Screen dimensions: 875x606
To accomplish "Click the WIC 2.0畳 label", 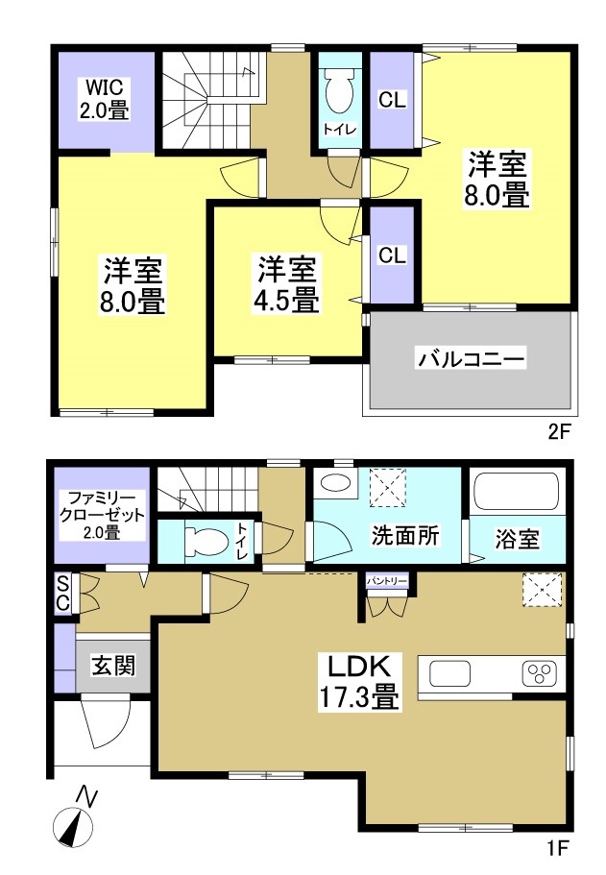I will pyautogui.click(x=105, y=96).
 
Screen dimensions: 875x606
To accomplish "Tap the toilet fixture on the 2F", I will pyautogui.click(x=340, y=92).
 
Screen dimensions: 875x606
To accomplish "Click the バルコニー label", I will pyautogui.click(x=470, y=360).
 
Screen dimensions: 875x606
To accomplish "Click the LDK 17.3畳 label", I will pyautogui.click(x=359, y=681).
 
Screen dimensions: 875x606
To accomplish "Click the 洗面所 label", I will pyautogui.click(x=405, y=537).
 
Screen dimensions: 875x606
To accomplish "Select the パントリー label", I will pyautogui.click(x=387, y=581).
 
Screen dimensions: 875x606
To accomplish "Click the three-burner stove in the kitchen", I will pyautogui.click(x=538, y=672).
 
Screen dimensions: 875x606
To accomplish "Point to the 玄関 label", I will pyautogui.click(x=111, y=665).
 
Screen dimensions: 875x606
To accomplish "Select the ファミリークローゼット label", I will pyautogui.click(x=101, y=514).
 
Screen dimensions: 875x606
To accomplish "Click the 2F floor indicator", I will pyautogui.click(x=559, y=431).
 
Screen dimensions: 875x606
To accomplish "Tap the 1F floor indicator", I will pyautogui.click(x=559, y=848).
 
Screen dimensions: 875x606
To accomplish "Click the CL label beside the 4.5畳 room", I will pyautogui.click(x=391, y=255).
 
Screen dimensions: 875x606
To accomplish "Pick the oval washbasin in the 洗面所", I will pyautogui.click(x=335, y=483).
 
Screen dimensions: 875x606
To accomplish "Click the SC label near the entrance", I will pyautogui.click(x=62, y=592).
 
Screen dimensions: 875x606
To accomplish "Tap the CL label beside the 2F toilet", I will pyautogui.click(x=391, y=99).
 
